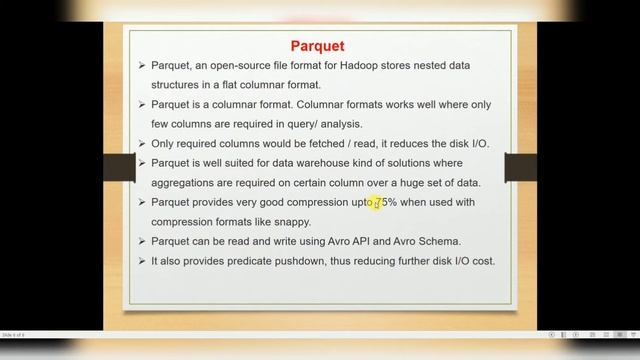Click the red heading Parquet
(317, 46)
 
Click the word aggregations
(188, 183)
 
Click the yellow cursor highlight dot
(377, 203)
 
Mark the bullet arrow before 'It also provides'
(142, 261)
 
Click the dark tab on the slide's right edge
(520, 166)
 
